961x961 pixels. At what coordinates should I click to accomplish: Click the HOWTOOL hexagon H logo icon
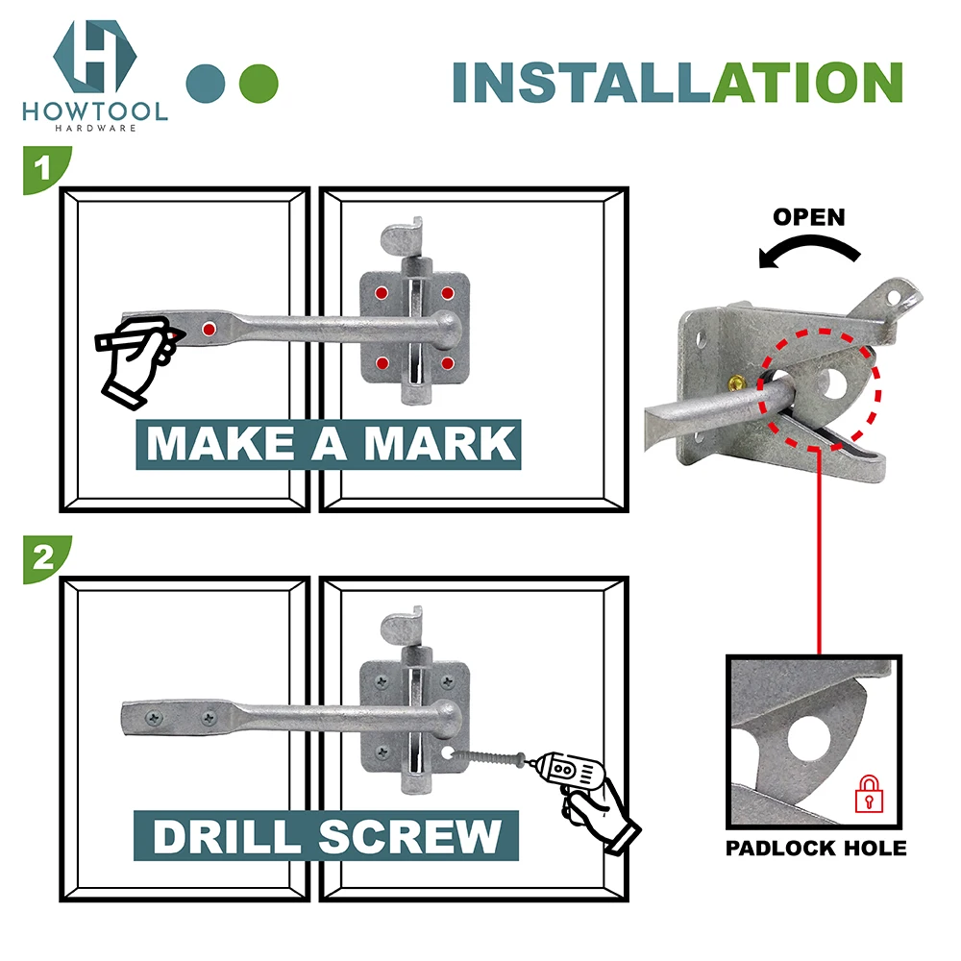pyautogui.click(x=94, y=55)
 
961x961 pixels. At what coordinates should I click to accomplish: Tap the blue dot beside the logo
pyautogui.click(x=206, y=84)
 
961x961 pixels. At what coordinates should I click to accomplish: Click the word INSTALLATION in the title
pyautogui.click(x=678, y=83)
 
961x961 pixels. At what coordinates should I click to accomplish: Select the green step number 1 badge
pyautogui.click(x=42, y=170)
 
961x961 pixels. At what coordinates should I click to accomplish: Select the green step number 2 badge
pyautogui.click(x=42, y=559)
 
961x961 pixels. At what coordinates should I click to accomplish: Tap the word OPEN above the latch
pyautogui.click(x=809, y=217)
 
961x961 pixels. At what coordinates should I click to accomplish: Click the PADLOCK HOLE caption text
pyautogui.click(x=815, y=849)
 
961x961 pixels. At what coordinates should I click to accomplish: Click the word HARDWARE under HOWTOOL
pyautogui.click(x=94, y=127)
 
